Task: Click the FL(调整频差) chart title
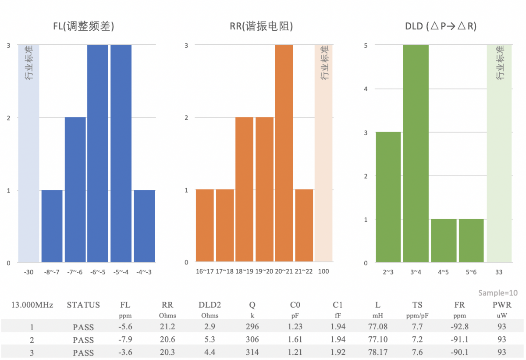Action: coord(83,26)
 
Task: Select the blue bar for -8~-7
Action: coord(52,226)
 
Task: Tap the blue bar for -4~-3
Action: coord(144,226)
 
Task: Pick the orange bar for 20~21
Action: coord(284,153)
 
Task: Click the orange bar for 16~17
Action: coord(205,226)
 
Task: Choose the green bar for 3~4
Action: coord(416,153)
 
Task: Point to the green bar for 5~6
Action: coord(471,241)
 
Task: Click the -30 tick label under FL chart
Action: coord(28,272)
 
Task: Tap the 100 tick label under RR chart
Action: coord(323,271)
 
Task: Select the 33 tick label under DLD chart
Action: coord(499,272)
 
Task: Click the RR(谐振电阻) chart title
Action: coord(261,26)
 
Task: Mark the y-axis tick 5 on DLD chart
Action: coord(366,45)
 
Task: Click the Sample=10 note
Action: coord(498,293)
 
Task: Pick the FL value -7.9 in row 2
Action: coord(125,339)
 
